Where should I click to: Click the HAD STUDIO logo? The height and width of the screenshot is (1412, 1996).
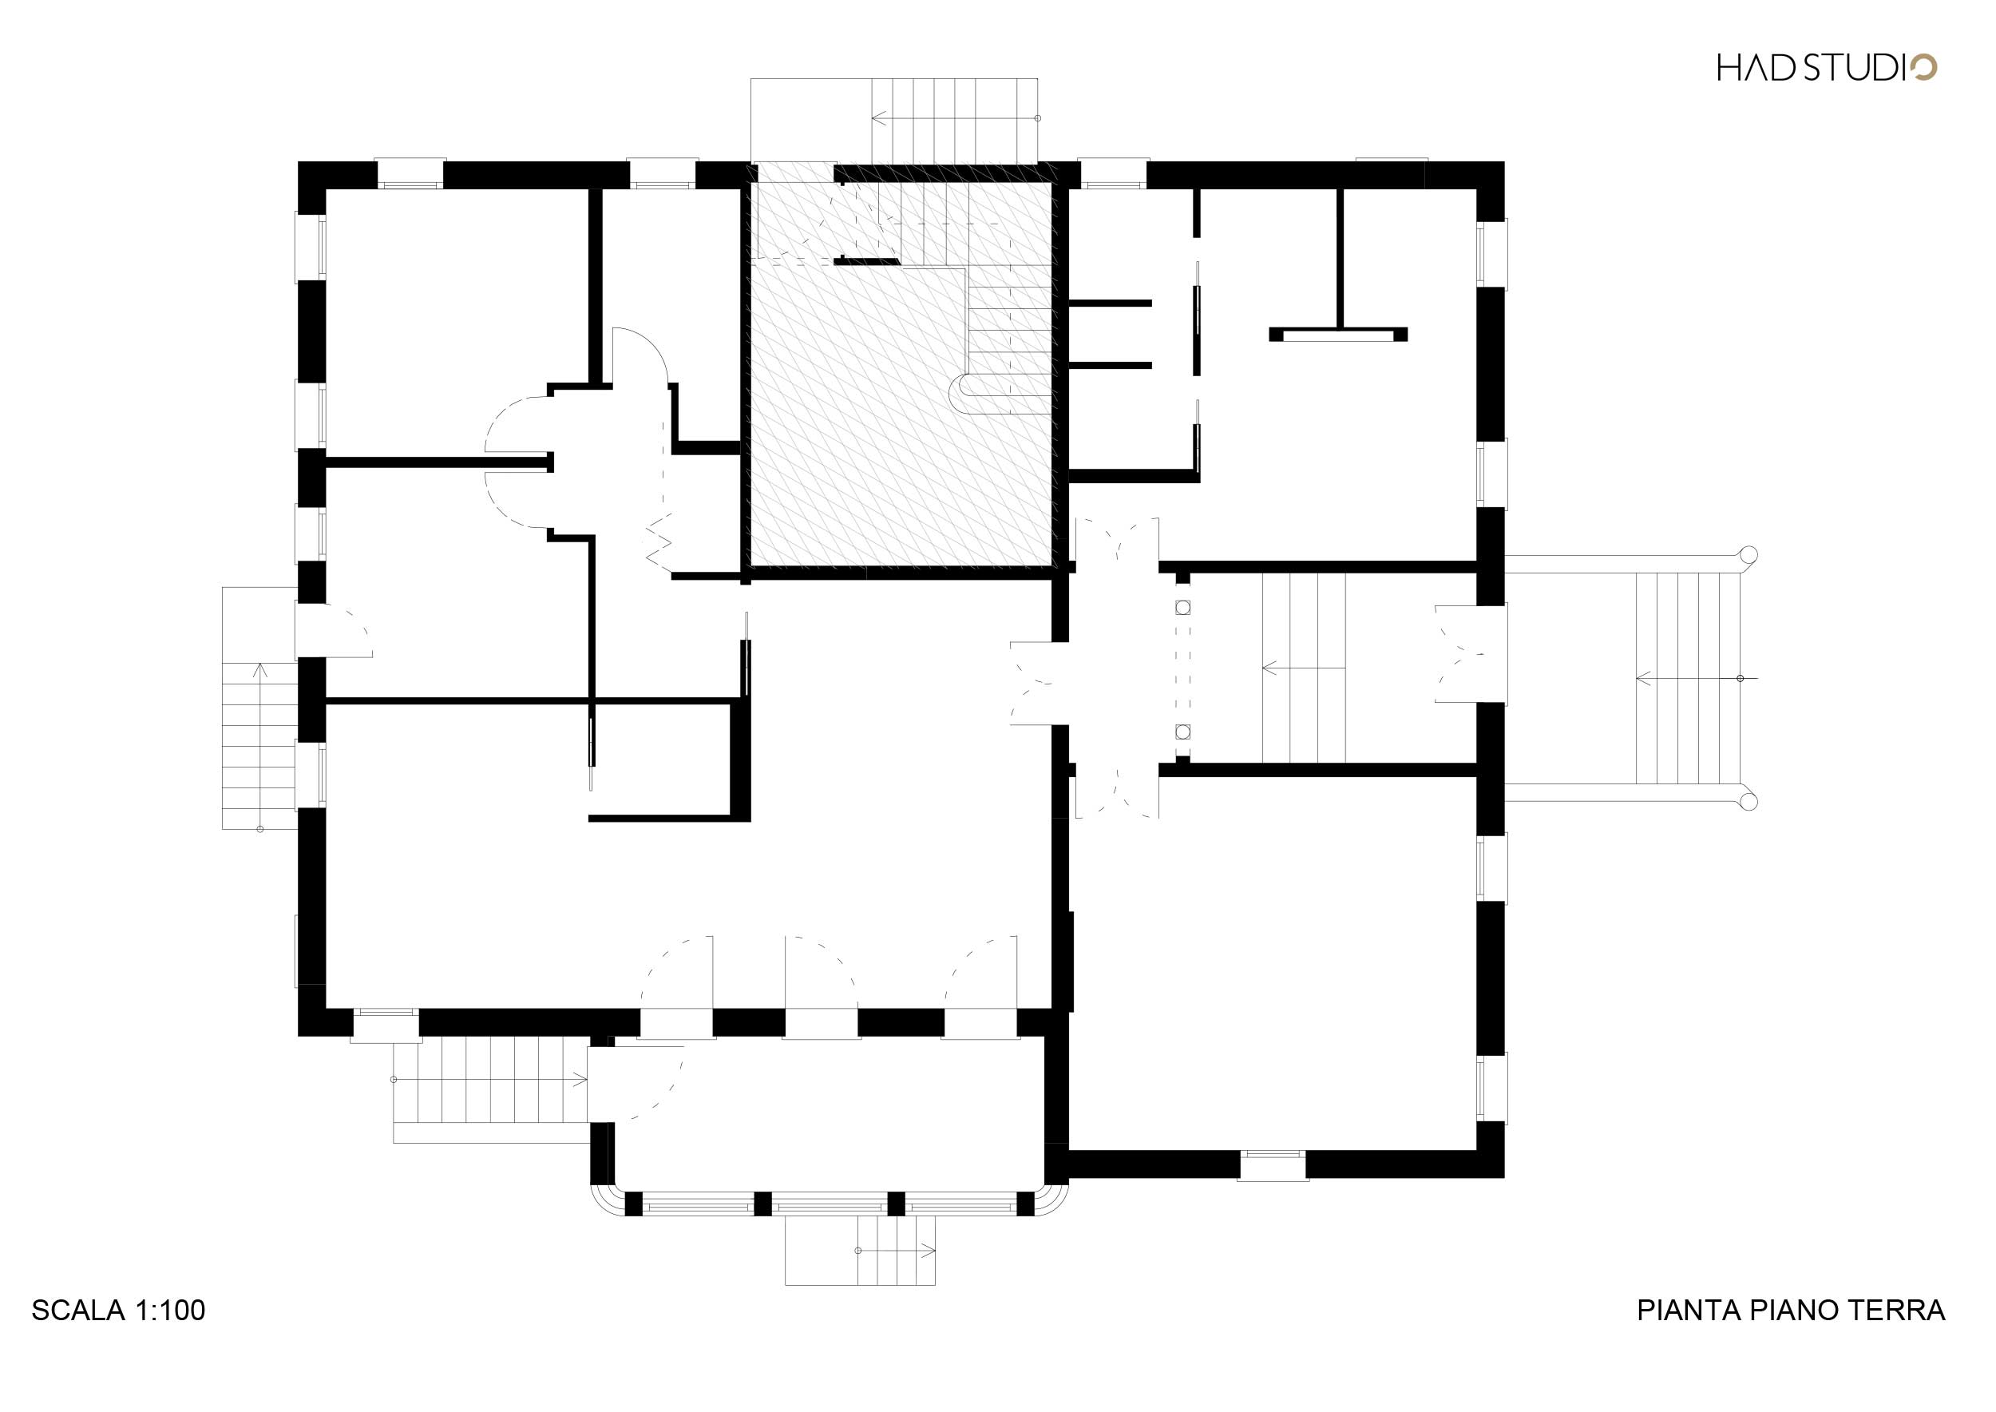pos(1827,68)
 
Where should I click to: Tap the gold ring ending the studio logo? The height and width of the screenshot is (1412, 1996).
pos(1924,68)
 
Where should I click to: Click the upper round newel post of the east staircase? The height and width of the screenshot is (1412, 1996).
pos(1748,555)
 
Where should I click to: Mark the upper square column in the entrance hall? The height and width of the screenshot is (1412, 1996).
pos(1182,608)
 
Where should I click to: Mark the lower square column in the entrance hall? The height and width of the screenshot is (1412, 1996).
pos(1182,732)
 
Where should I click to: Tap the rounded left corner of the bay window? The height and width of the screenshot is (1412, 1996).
pos(604,1204)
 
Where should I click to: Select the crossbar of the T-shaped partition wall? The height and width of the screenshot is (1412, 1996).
pos(1338,334)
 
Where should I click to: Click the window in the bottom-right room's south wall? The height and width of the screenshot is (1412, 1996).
pos(1272,1165)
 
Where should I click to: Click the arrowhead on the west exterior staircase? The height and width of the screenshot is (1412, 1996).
pos(259,668)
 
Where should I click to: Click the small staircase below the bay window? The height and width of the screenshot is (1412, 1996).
pos(861,1251)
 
